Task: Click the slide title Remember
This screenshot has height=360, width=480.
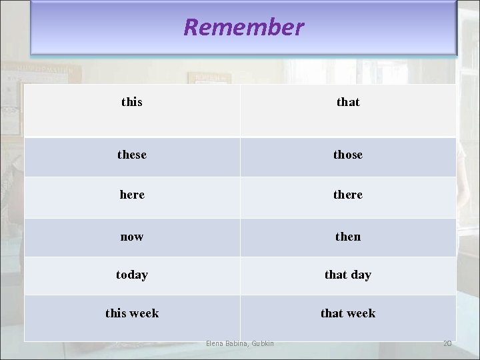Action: [243, 27]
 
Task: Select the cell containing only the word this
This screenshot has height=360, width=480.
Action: [132, 102]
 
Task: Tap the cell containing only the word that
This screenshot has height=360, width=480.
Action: [348, 102]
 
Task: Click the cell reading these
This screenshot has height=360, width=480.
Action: [132, 155]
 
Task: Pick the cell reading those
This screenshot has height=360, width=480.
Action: [348, 155]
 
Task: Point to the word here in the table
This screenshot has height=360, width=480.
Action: [132, 195]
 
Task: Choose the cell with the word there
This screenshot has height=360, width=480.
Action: [348, 195]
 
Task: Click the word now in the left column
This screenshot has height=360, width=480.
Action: [132, 237]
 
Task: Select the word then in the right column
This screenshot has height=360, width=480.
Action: [348, 237]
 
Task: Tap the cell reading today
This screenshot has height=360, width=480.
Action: [132, 275]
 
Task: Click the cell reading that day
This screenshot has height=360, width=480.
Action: [348, 275]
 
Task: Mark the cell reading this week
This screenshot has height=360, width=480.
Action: [132, 313]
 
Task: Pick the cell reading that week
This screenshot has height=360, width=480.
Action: [348, 313]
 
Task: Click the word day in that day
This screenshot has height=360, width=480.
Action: [361, 275]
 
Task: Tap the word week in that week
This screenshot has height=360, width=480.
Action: [361, 313]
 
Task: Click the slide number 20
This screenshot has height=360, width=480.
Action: [447, 343]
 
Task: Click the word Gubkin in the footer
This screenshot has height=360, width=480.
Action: [262, 343]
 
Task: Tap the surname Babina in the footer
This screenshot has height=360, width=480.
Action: [236, 343]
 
